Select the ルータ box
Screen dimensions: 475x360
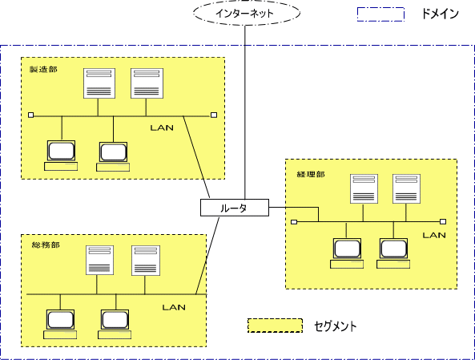pos(235,208)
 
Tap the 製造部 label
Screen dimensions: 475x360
pos(43,70)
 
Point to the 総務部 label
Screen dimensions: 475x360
pos(46,245)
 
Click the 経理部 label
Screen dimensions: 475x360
pos(311,174)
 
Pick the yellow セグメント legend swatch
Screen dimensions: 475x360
pos(275,326)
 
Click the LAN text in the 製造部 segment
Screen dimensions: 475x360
pos(162,127)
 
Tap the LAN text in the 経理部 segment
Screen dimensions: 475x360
pos(434,235)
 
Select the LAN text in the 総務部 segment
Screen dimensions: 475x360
pos(174,307)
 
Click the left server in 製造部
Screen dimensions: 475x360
pos(99,83)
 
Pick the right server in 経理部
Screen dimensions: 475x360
pos(406,188)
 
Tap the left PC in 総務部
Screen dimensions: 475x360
pos(60,324)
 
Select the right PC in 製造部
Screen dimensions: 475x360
pos(113,156)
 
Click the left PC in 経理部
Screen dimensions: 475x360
pos(347,253)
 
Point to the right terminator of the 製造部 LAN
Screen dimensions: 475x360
pos(214,115)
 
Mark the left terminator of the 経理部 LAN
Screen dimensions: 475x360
pos(294,222)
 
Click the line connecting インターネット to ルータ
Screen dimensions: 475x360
pos(245,112)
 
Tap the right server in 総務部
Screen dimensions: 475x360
pos(146,261)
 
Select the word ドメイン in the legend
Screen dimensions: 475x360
pos(441,14)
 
